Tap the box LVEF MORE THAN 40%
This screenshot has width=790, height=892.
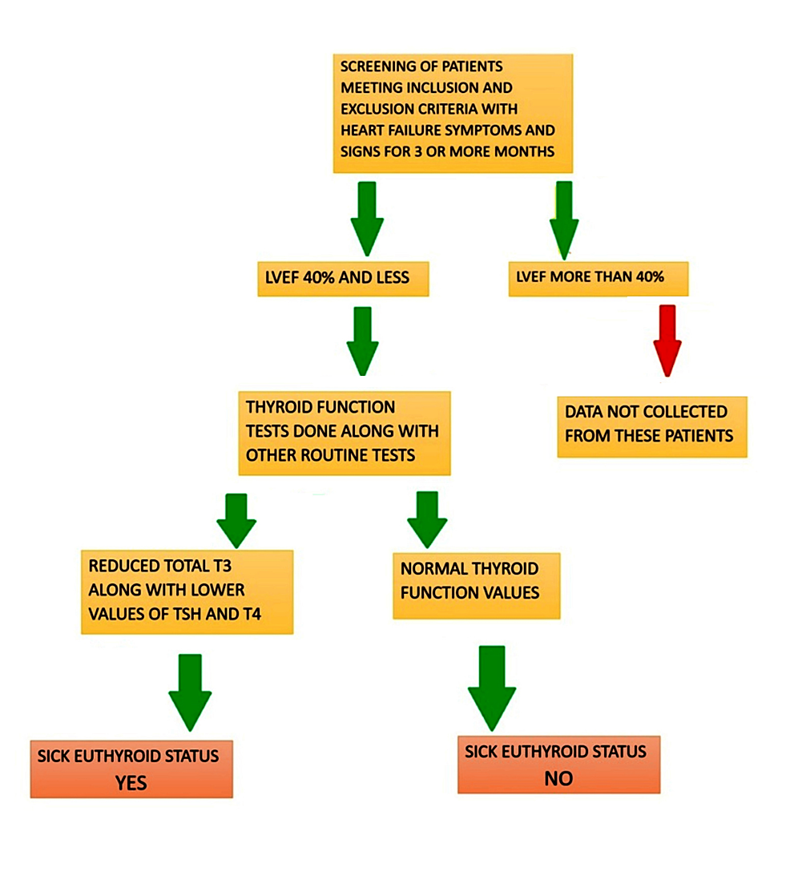coord(598,279)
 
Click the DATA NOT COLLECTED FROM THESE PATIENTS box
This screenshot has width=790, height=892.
coord(651,426)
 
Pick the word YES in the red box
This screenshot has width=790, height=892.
coord(131,782)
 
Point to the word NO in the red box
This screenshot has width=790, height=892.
coord(558,778)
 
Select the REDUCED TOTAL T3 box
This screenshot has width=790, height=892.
coord(187,591)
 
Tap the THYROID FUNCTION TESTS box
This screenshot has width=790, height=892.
coord(344,432)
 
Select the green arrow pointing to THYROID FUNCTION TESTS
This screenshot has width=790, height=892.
coord(362,341)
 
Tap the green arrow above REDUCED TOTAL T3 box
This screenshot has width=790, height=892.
coord(236,520)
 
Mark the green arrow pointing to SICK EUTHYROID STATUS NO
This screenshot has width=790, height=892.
coord(492,686)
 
